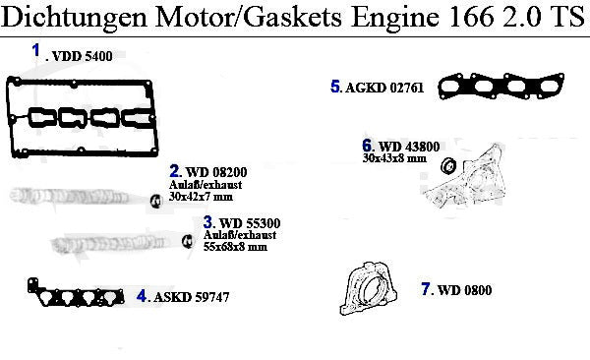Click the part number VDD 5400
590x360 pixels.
(82, 56)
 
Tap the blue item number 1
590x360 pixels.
(36, 50)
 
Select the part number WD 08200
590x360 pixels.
(216, 172)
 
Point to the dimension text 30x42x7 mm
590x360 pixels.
(201, 197)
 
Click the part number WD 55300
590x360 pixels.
(250, 223)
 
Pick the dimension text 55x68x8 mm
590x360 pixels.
(235, 247)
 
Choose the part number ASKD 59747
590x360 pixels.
(191, 297)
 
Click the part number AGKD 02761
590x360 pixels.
(384, 88)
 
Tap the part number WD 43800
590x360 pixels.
(409, 147)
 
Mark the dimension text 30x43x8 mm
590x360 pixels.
(394, 158)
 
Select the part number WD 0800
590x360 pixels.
(465, 290)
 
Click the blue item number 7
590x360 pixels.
(426, 289)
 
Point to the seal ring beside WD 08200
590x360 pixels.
(155, 201)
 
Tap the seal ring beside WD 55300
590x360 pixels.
(187, 241)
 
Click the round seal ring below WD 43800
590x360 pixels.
(448, 165)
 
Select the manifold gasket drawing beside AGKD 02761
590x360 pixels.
(501, 86)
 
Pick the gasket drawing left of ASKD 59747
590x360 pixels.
(76, 293)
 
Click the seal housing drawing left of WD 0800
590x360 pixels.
(369, 288)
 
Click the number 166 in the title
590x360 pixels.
(471, 16)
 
